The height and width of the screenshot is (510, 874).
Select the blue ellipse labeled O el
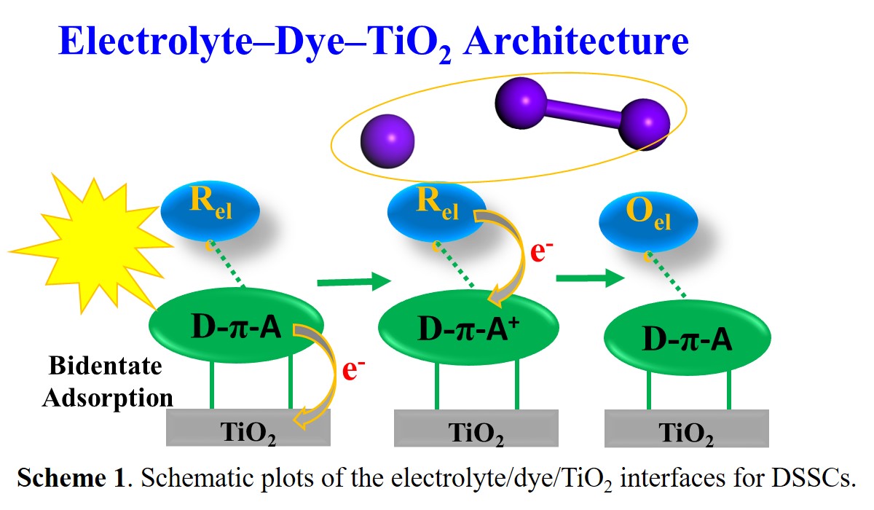[x=647, y=219]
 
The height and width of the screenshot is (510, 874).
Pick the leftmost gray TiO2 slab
[x=248, y=428]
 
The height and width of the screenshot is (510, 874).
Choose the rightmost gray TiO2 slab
[x=686, y=428]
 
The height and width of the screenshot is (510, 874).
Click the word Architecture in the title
[x=575, y=42]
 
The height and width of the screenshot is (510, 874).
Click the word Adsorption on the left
[x=108, y=397]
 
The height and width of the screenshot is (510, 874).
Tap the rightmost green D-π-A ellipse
[x=688, y=337]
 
